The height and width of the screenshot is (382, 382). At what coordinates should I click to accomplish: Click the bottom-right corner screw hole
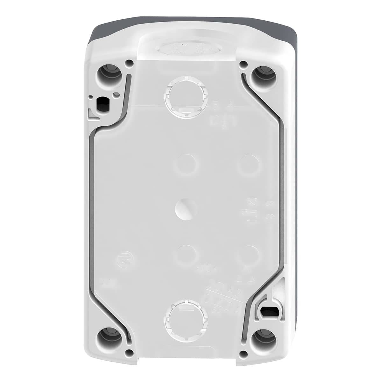tap(264, 338)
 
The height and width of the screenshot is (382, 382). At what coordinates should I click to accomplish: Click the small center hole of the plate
tap(184, 209)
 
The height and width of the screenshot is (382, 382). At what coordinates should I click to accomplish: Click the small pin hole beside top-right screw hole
tap(244, 65)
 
